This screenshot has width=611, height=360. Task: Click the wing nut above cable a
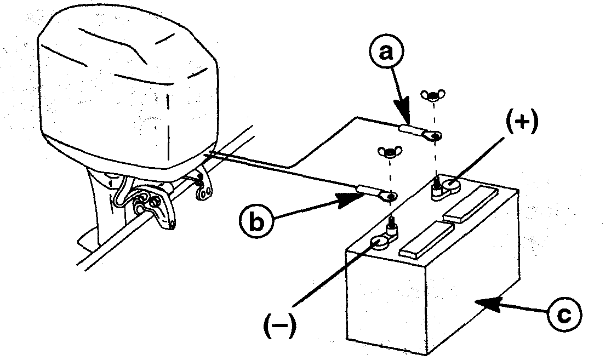pos(431,96)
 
